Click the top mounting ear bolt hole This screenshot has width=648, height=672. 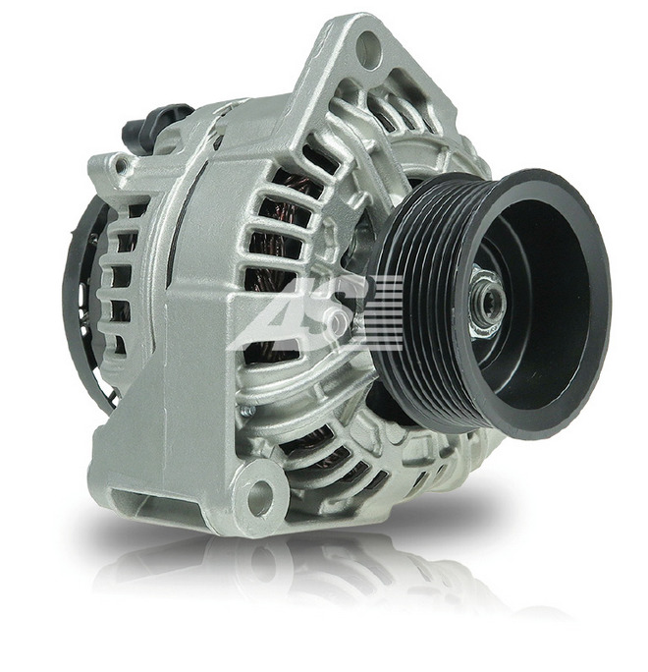(x=369, y=49)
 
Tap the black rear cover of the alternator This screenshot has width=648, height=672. (x=85, y=300)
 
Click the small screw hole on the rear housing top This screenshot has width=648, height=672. (x=122, y=163)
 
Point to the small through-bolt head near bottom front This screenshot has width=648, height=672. (x=247, y=412)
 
